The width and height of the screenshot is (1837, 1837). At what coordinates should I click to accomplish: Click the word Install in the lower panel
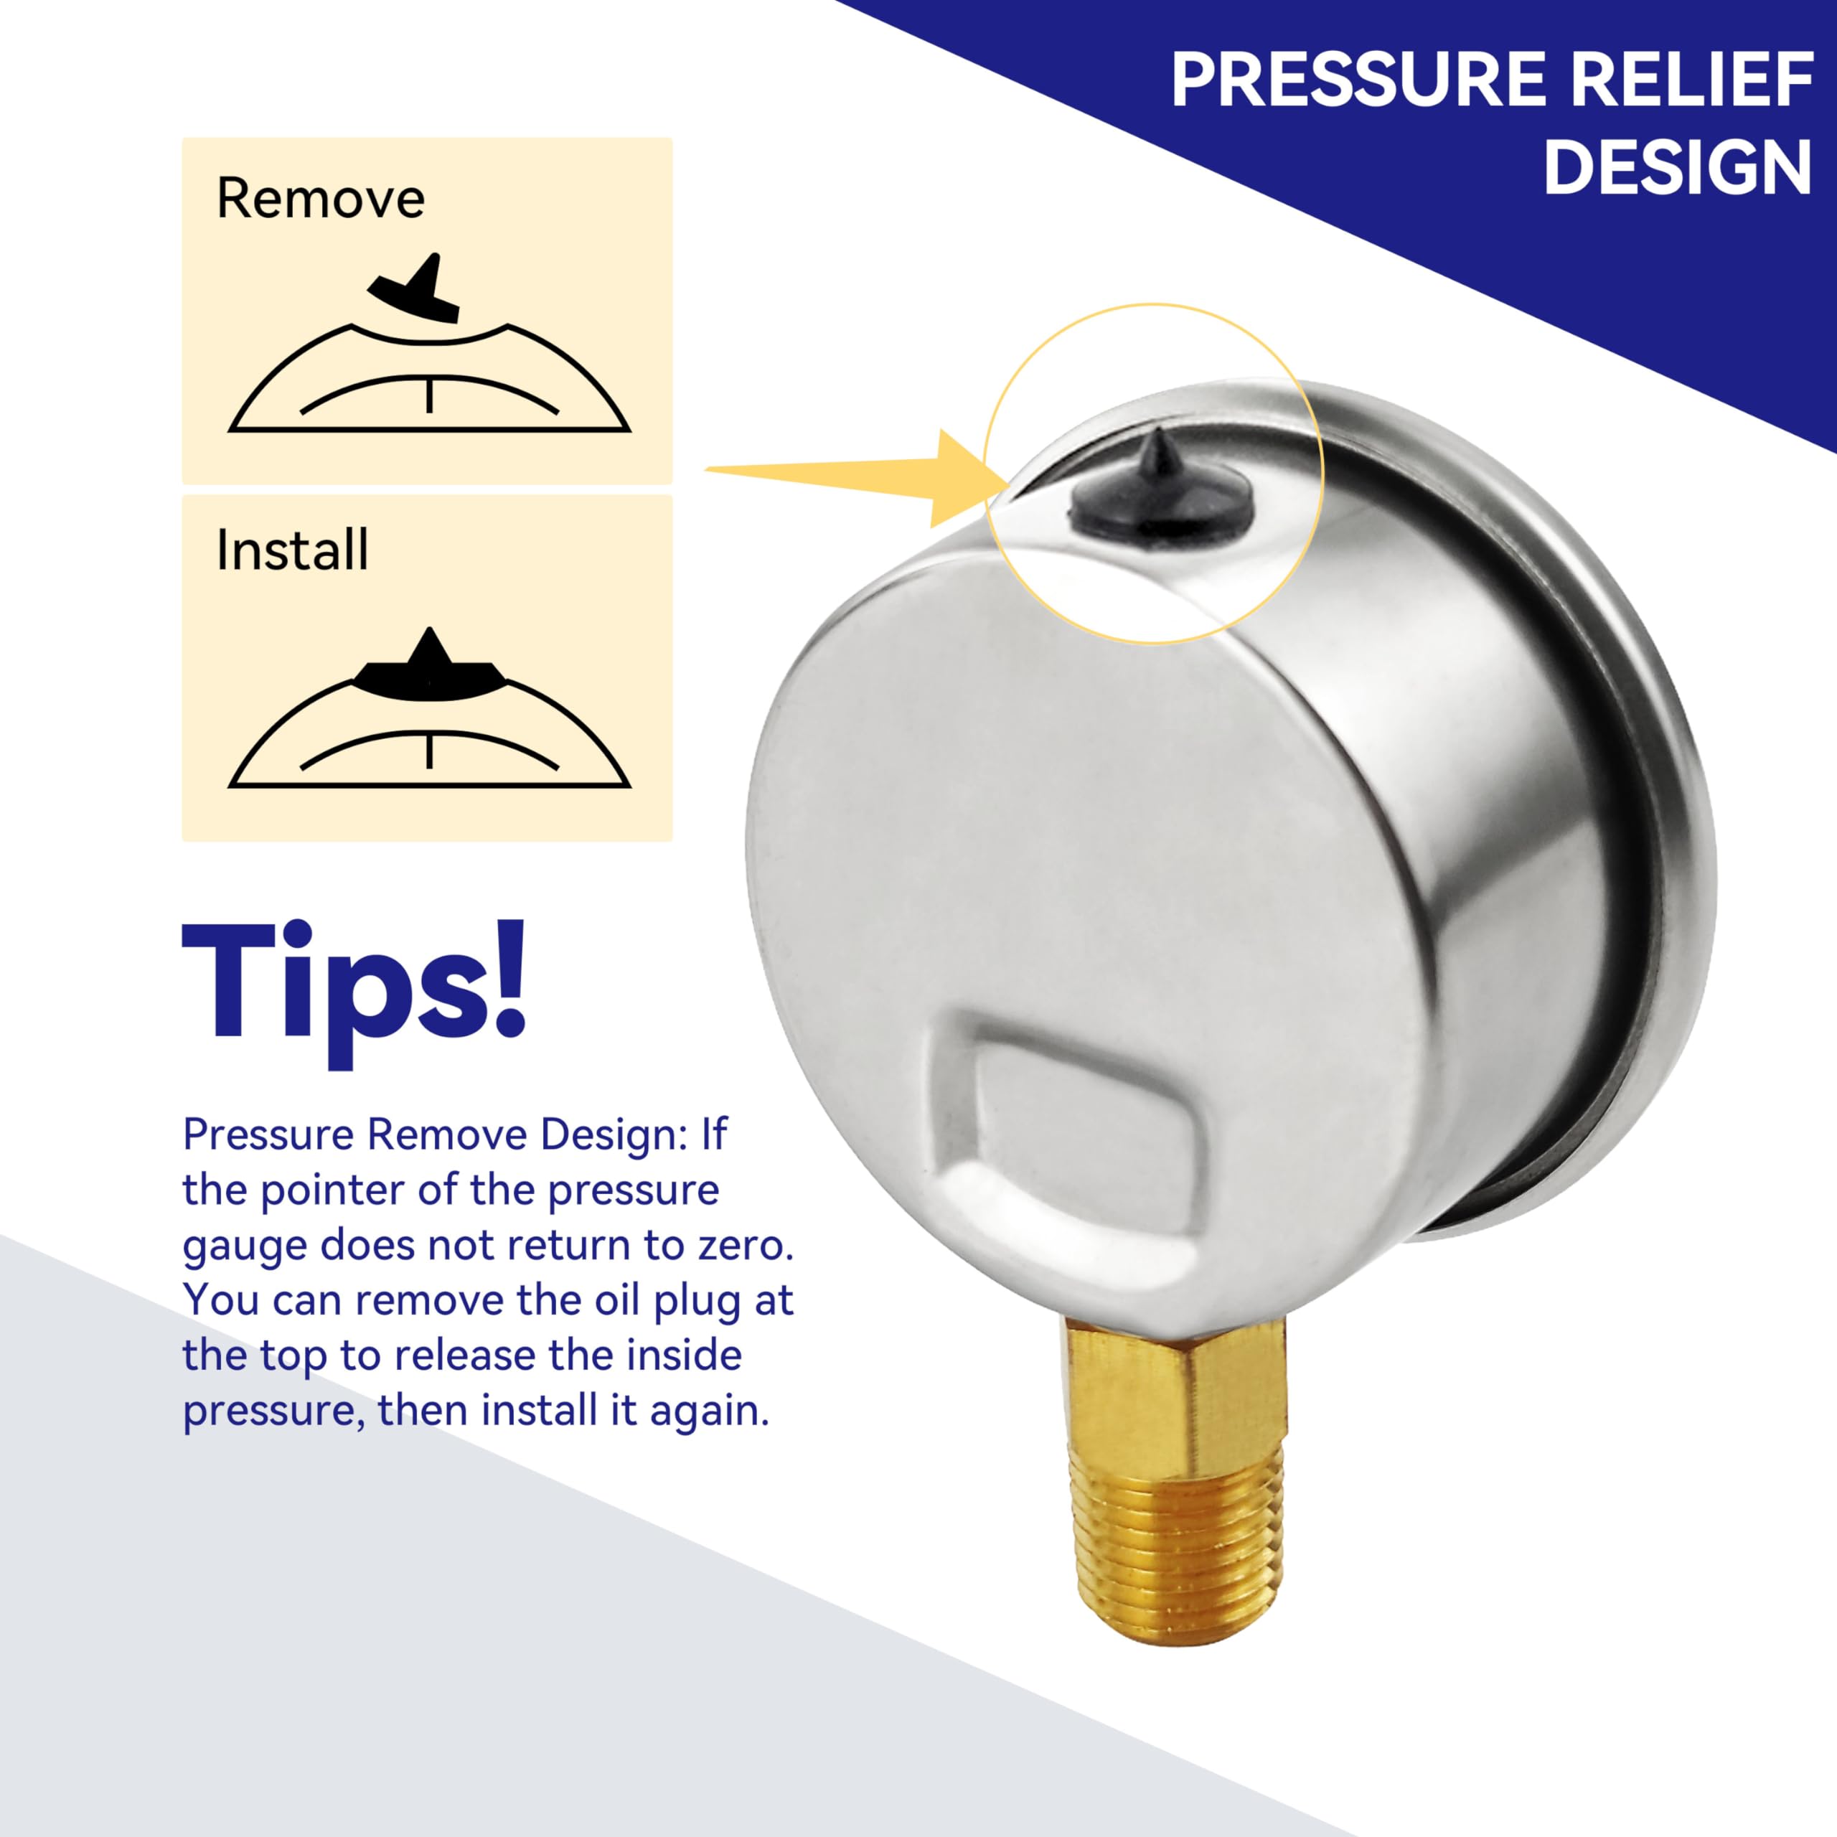click(x=292, y=550)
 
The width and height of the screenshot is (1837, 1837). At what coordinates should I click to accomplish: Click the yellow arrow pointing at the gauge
click(x=856, y=476)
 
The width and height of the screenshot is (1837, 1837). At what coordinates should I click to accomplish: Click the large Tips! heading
click(x=354, y=984)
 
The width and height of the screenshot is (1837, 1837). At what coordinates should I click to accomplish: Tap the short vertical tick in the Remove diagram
click(x=430, y=395)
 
